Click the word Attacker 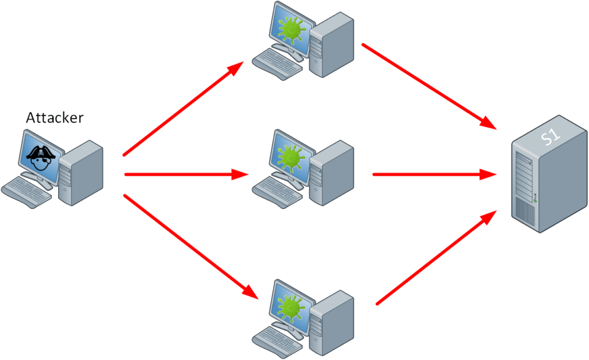tap(55, 118)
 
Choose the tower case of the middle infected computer tap(332, 173)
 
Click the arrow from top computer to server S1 tap(429, 86)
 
